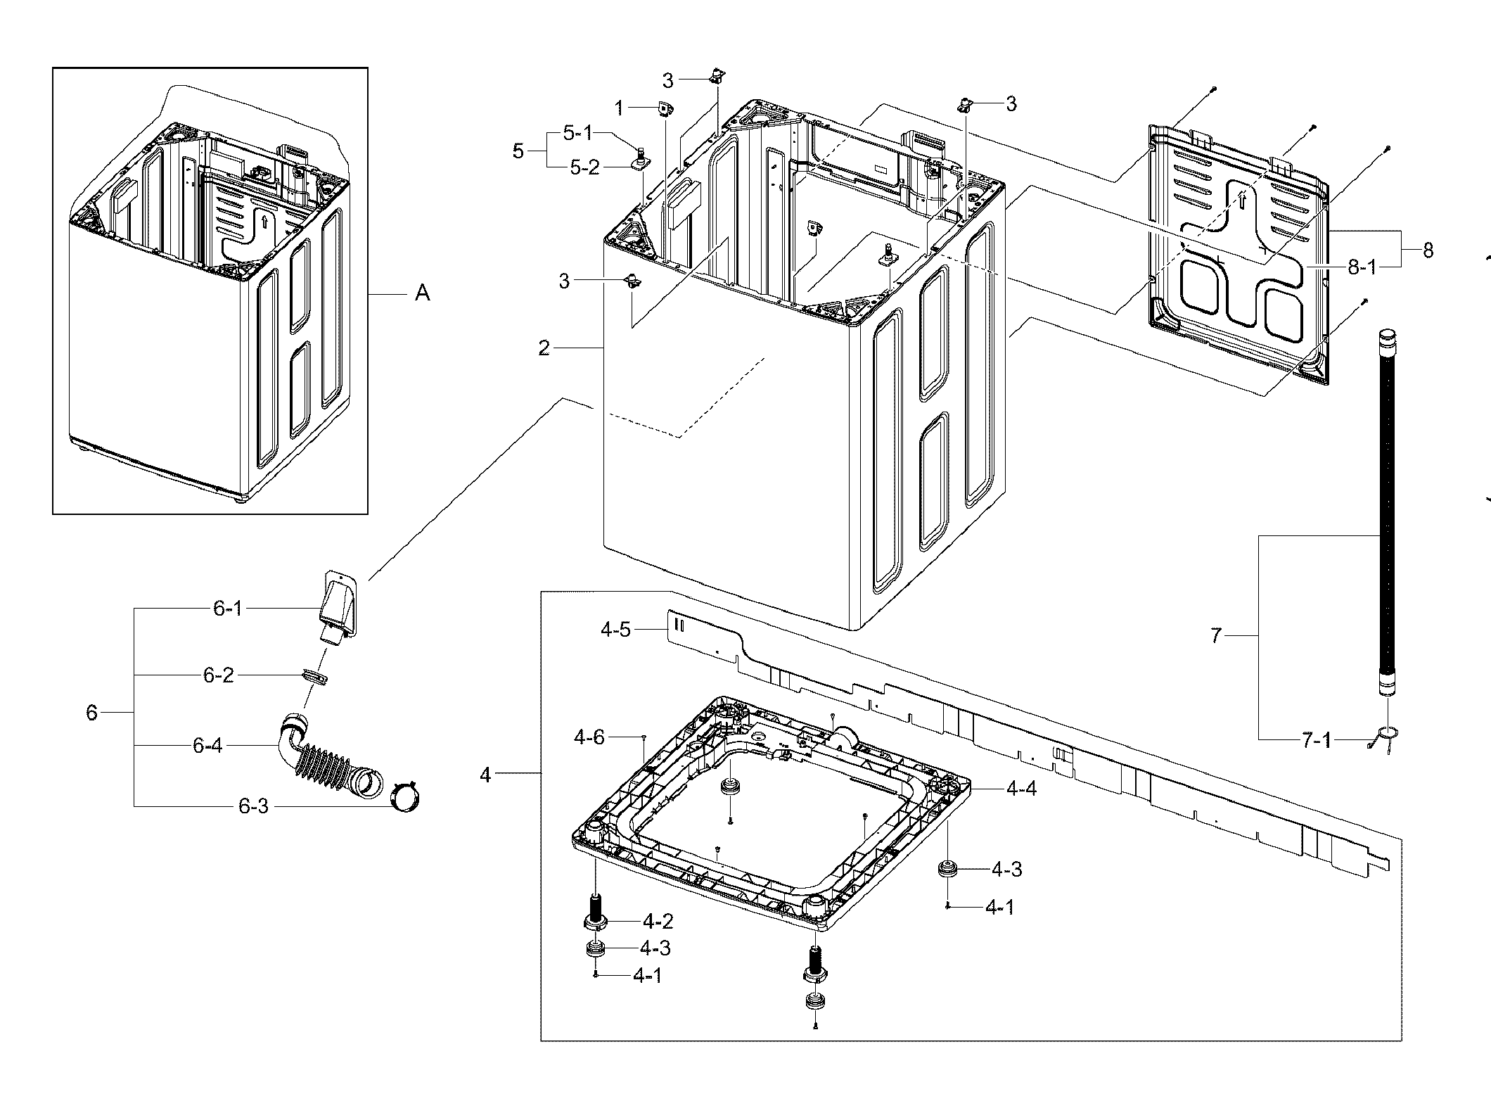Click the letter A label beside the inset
point(422,293)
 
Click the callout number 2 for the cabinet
point(544,348)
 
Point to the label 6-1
point(228,609)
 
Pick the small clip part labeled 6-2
point(315,676)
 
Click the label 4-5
point(615,630)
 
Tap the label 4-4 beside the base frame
point(1021,789)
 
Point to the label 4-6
point(589,737)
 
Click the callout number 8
point(1428,250)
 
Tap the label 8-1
point(1361,268)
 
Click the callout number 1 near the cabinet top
point(619,108)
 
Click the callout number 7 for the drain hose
point(1217,636)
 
